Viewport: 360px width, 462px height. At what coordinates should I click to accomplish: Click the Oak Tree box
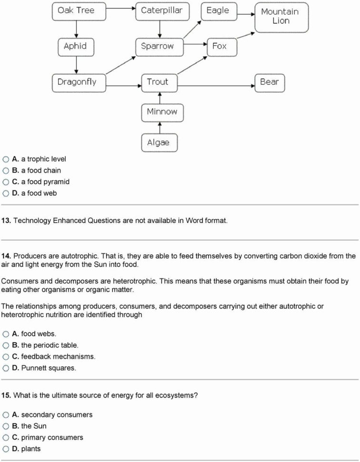[x=76, y=10]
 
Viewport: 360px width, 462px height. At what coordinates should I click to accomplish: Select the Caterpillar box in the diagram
[x=161, y=10]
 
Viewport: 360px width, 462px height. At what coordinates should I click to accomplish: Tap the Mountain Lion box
[x=281, y=17]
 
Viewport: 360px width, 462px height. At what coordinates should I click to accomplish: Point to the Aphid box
[x=75, y=46]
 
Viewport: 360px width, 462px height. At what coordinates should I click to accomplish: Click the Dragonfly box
[x=77, y=82]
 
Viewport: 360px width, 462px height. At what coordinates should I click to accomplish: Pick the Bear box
[x=269, y=82]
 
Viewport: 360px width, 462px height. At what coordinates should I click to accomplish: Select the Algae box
[x=159, y=142]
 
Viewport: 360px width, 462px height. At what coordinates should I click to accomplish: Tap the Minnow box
[x=161, y=112]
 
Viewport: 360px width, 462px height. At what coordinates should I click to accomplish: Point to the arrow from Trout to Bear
[x=217, y=86]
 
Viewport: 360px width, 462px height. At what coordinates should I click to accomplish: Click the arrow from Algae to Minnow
[x=160, y=127]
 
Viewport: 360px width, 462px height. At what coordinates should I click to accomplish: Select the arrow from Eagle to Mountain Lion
[x=245, y=14]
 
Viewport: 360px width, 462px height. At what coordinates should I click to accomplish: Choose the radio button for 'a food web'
[x=6, y=193]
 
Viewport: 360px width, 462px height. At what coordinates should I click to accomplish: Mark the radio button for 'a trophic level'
[x=6, y=159]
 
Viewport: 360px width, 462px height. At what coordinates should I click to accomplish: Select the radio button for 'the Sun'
[x=6, y=426]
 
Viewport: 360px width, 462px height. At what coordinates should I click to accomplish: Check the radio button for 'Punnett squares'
[x=6, y=368]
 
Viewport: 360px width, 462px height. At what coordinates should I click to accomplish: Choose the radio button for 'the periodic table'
[x=6, y=345]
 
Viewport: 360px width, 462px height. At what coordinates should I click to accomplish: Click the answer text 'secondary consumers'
[x=57, y=415]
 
